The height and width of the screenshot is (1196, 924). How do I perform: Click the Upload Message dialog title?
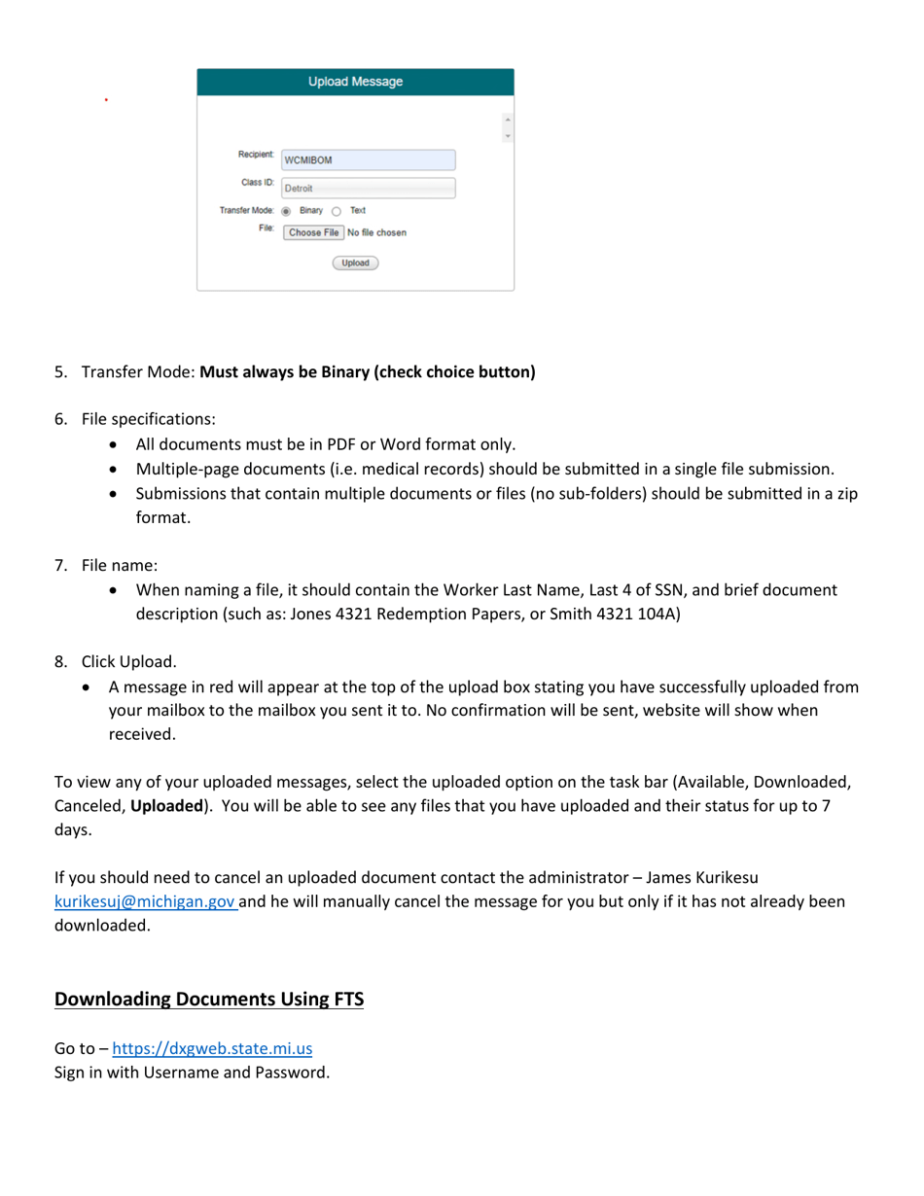(354, 82)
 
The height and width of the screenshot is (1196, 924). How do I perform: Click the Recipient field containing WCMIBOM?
(368, 160)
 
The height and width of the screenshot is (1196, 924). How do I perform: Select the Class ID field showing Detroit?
(368, 189)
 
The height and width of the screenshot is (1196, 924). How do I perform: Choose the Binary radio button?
(287, 210)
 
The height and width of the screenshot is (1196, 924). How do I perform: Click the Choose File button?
(313, 232)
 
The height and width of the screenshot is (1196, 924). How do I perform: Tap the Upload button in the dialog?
(355, 263)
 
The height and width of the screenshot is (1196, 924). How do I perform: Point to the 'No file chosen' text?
(376, 232)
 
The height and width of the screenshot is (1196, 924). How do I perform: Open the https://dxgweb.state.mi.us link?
(212, 1049)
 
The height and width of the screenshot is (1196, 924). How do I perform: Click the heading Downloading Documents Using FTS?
(208, 1000)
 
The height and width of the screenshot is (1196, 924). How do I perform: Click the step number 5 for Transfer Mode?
(59, 371)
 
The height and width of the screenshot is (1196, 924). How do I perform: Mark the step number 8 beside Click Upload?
(59, 662)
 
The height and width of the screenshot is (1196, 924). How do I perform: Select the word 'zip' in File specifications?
(844, 494)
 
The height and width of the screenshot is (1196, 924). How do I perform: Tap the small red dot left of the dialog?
(106, 98)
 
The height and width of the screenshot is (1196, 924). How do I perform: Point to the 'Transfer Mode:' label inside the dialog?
(247, 210)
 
